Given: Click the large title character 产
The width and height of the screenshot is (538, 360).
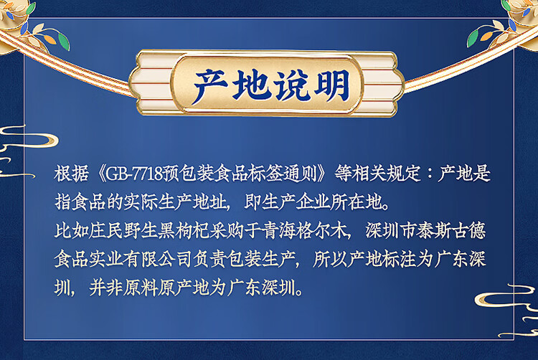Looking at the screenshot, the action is click(210, 86).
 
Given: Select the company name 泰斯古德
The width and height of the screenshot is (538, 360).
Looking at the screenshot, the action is click(451, 231).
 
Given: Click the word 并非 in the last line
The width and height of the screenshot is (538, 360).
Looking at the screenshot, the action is click(106, 288).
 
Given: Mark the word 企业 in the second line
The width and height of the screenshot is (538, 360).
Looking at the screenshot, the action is click(313, 202).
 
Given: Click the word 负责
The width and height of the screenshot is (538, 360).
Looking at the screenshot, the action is click(209, 259).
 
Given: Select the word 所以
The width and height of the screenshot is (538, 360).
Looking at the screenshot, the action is click(330, 259).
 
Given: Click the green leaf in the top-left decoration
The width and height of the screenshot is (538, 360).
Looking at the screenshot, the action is click(63, 41).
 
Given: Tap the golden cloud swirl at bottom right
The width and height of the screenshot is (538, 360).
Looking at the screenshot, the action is click(509, 302).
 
